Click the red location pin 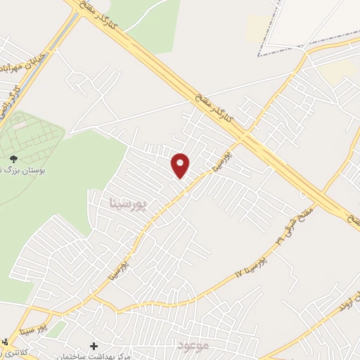point(181,165)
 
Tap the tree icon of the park point(13,159)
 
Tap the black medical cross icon point(94,345)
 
